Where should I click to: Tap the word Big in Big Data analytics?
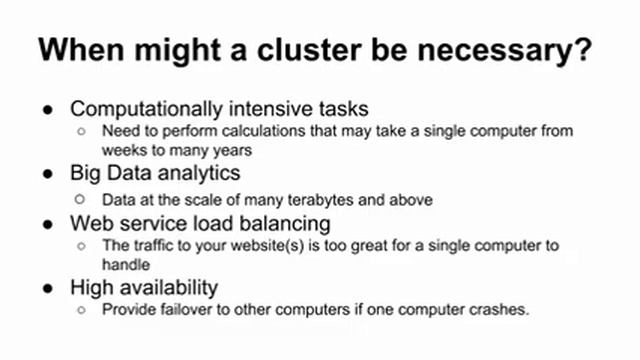point(86,174)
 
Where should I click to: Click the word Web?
point(91,222)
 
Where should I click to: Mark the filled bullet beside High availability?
point(50,288)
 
